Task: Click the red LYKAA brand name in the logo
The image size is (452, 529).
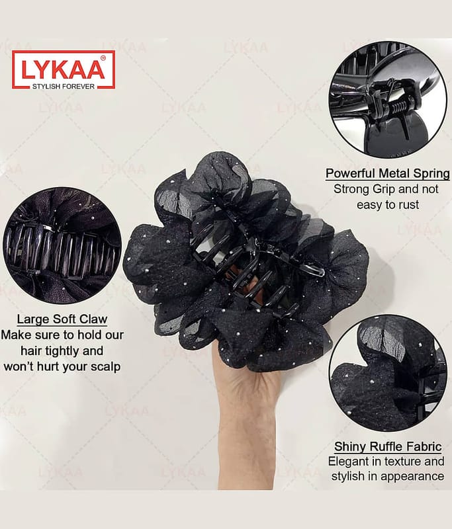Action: (63, 70)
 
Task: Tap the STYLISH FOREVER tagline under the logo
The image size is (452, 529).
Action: (64, 87)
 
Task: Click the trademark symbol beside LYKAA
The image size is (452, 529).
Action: (103, 58)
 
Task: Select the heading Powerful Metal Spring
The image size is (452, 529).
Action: (388, 173)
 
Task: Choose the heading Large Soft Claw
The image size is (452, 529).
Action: (62, 319)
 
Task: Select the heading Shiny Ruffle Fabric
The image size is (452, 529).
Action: (388, 447)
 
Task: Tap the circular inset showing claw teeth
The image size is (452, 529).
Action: (62, 245)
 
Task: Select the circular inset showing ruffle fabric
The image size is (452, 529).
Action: (388, 373)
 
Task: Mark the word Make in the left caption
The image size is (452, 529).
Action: (15, 335)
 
